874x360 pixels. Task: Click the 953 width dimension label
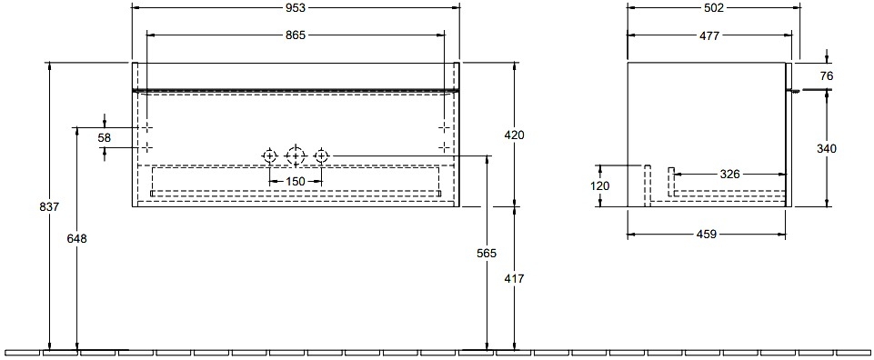click(x=296, y=7)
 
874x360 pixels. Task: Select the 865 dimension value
click(x=296, y=35)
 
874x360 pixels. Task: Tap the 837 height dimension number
click(x=50, y=206)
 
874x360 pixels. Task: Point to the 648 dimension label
click(x=77, y=238)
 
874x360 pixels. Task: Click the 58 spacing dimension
click(x=105, y=137)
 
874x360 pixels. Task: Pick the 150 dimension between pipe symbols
click(x=296, y=181)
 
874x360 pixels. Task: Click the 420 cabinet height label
click(x=514, y=135)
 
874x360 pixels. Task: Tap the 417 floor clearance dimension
click(x=514, y=279)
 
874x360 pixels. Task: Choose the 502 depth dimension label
click(x=713, y=7)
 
